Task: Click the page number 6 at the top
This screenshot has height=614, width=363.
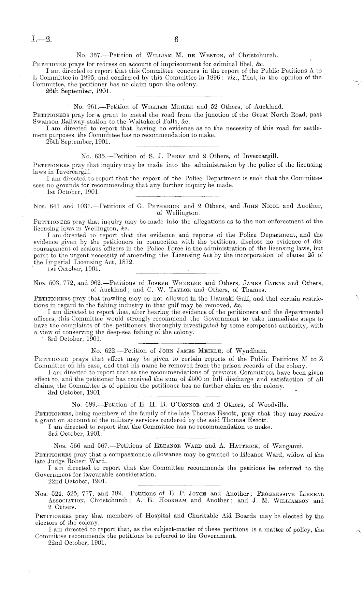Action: (176, 39)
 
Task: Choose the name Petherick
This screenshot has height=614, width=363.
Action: (164, 206)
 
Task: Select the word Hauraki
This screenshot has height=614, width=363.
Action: (221, 299)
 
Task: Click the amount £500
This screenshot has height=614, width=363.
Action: (189, 379)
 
